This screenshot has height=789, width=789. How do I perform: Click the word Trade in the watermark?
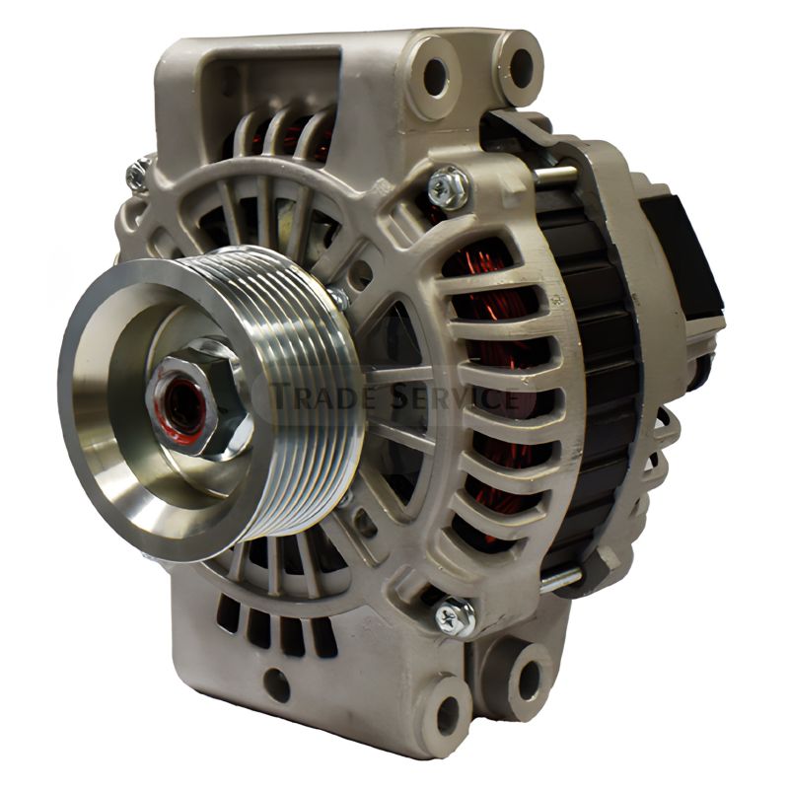326,395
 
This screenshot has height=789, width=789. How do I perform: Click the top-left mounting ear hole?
435,77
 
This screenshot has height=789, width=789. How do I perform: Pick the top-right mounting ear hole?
522,67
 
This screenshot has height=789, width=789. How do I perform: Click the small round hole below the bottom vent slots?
277,684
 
